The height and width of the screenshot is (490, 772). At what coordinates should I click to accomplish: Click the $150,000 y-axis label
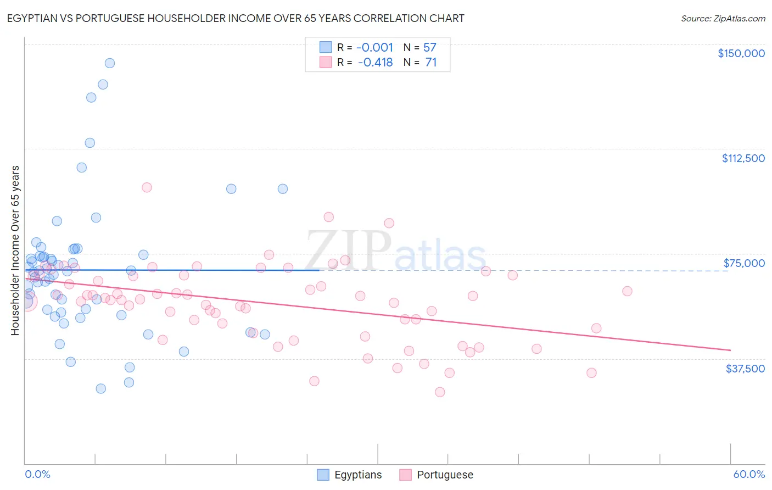click(x=741, y=53)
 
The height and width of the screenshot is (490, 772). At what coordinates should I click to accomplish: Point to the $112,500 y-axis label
click(x=743, y=158)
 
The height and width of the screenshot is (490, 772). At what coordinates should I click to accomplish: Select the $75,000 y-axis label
click(x=744, y=263)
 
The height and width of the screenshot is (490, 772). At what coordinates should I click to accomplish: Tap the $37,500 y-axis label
click(x=745, y=369)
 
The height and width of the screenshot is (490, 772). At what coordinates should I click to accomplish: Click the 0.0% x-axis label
click(x=37, y=475)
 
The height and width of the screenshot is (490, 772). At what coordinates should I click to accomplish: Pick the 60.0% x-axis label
click(x=749, y=475)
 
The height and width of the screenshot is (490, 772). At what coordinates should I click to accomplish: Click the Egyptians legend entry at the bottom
click(x=357, y=475)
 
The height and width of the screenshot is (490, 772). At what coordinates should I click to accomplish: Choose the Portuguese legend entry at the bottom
click(x=445, y=475)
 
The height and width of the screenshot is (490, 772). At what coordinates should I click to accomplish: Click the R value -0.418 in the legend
click(x=375, y=63)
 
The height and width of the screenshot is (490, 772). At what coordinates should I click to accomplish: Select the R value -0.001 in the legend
click(x=375, y=48)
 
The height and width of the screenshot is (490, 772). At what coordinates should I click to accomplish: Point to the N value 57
click(x=429, y=48)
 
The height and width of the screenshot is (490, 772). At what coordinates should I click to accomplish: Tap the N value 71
click(x=430, y=63)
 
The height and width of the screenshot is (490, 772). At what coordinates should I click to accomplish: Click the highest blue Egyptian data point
click(x=110, y=63)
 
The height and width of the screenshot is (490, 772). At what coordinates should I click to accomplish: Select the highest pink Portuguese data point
click(x=147, y=187)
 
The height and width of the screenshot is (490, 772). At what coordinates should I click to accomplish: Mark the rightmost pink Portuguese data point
click(x=627, y=291)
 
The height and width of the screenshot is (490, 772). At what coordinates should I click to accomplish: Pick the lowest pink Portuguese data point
click(x=440, y=392)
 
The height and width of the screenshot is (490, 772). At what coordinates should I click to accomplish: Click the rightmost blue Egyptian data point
click(x=283, y=189)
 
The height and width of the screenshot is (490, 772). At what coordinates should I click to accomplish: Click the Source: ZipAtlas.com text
click(x=723, y=19)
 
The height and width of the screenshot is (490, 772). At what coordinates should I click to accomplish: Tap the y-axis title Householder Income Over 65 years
click(x=15, y=250)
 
